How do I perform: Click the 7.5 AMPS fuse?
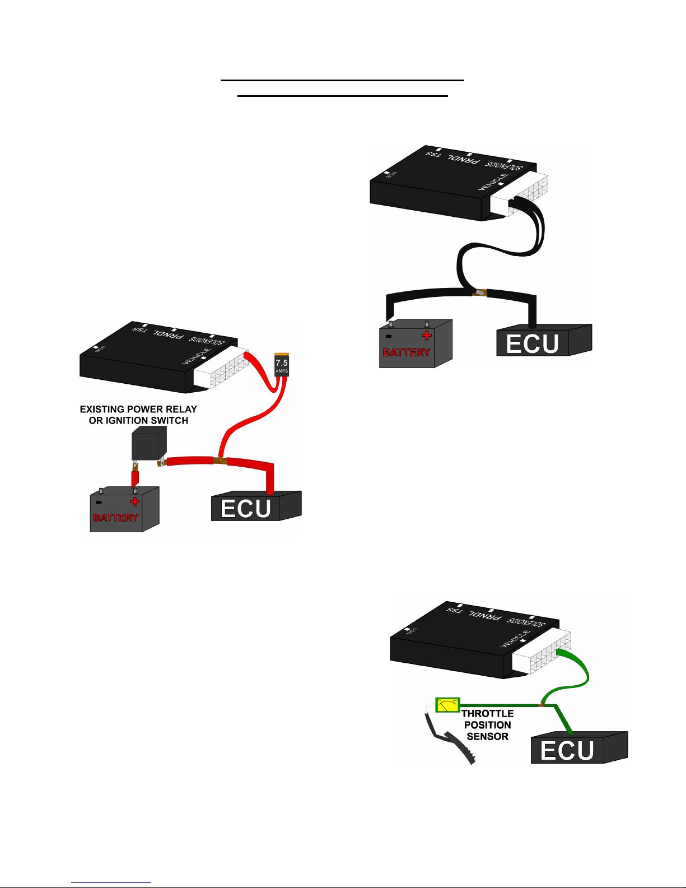282,365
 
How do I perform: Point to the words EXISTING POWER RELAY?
138,410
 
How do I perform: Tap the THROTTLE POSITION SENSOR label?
487,725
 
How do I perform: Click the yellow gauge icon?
447,705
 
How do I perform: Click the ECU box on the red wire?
255,506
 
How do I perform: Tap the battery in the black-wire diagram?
414,345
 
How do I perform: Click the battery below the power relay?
124,509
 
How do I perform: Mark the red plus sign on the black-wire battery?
427,336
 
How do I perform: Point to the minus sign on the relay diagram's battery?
99,502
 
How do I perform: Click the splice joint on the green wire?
542,704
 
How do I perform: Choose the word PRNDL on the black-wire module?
465,158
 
